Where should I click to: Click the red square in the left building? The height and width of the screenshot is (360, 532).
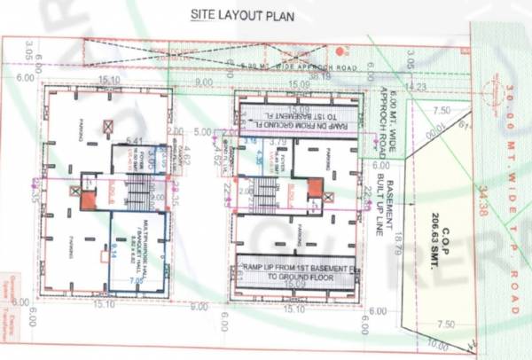click(x=87, y=200)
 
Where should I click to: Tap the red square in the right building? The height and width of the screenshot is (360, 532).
click(x=316, y=187)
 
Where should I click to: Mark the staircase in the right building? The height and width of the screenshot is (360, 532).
click(x=266, y=190)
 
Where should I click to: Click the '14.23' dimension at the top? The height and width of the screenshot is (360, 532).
click(x=415, y=86)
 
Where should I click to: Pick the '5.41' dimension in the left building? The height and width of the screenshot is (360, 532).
click(x=135, y=141)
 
